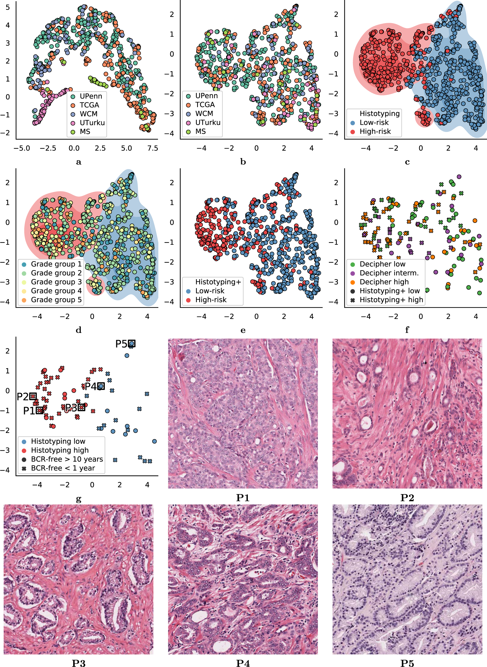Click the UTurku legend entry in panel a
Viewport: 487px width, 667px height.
click(92, 123)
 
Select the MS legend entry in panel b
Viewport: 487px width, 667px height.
click(200, 132)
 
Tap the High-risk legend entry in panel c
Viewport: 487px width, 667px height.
click(375, 132)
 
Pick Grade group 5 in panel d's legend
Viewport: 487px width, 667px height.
click(56, 300)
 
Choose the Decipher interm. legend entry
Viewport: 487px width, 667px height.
click(389, 273)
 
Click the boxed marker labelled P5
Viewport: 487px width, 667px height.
click(132, 343)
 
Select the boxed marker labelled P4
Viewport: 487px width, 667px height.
click(101, 386)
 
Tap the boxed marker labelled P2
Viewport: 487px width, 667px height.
click(33, 396)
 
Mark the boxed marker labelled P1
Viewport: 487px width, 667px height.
click(40, 410)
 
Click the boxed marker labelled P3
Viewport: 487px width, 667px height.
click(81, 407)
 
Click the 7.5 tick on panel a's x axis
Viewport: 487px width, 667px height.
click(153, 148)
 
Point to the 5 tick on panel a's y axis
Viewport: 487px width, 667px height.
click(8, 7)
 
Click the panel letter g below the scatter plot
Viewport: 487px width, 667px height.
click(78, 499)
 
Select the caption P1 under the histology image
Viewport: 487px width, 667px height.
click(243, 498)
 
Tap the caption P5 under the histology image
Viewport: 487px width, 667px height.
click(407, 663)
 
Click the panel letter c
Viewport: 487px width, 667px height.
click(407, 162)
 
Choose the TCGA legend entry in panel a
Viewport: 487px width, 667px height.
click(89, 105)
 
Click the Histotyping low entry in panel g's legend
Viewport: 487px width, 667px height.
click(58, 441)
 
